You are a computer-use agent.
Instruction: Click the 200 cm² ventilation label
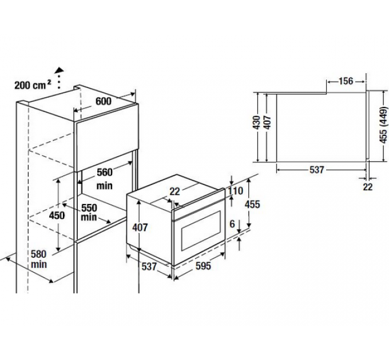33,85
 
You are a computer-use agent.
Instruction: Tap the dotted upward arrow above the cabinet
59,78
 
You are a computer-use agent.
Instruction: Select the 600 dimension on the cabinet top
104,101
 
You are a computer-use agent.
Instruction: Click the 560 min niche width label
105,179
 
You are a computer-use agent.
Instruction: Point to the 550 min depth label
89,213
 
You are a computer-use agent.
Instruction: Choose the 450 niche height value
57,215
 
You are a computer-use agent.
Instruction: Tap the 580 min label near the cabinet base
39,259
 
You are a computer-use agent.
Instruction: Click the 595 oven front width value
203,266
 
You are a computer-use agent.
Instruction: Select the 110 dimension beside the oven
235,191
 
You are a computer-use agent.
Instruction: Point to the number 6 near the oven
232,224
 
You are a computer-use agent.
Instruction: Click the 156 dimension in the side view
346,81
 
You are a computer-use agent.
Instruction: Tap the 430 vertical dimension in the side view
256,122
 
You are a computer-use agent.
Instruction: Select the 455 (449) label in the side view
383,125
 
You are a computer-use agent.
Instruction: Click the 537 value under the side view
317,170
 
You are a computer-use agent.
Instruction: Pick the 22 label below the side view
368,186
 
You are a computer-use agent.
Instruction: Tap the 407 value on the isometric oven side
140,227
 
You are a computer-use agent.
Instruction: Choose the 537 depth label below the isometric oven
149,266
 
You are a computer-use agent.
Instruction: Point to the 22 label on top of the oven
174,191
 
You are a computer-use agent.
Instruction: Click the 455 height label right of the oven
252,204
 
